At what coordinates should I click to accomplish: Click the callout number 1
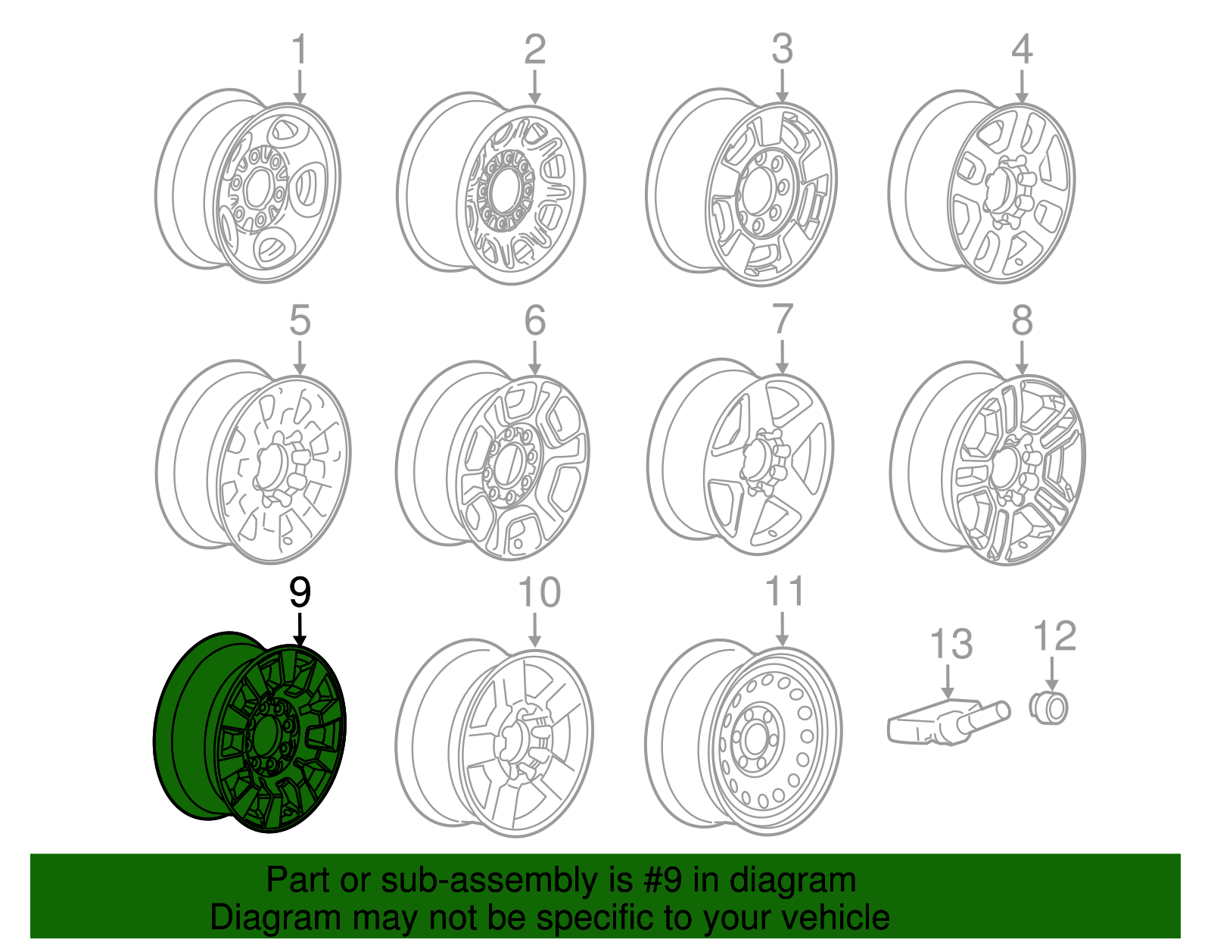click(300, 50)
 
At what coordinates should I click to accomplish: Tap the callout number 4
click(1022, 50)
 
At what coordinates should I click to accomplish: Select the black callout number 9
click(300, 593)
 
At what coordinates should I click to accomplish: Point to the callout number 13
click(951, 645)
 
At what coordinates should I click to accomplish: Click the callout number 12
click(1054, 636)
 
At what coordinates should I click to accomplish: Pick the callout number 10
click(539, 593)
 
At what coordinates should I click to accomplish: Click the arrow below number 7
click(782, 356)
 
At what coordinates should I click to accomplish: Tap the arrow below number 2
click(534, 86)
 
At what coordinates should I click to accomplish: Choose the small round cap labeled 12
click(1049, 708)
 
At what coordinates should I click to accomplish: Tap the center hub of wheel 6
click(508, 463)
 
